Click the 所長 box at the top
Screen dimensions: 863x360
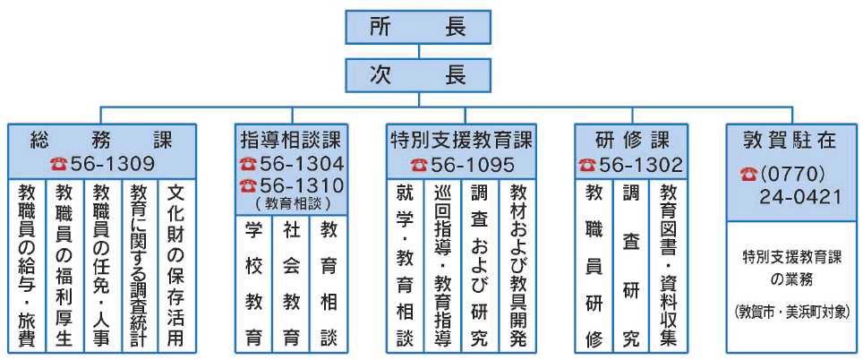(418, 27)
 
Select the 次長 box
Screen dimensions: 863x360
(418, 75)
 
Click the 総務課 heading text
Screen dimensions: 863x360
(102, 141)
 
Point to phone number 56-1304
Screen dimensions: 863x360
(303, 164)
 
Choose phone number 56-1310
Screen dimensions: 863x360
(303, 185)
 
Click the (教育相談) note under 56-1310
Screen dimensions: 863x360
(292, 203)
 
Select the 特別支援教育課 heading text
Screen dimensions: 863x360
(461, 141)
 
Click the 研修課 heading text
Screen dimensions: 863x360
(631, 141)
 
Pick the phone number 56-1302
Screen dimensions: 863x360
(641, 165)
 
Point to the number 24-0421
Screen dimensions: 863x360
(801, 196)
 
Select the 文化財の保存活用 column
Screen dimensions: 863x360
(175, 265)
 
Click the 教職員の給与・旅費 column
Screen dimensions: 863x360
(27, 265)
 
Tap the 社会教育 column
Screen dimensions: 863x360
(291, 285)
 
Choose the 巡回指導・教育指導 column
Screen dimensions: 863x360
(442, 265)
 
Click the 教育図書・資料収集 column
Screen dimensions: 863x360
(668, 265)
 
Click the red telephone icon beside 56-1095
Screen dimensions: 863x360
(419, 165)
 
